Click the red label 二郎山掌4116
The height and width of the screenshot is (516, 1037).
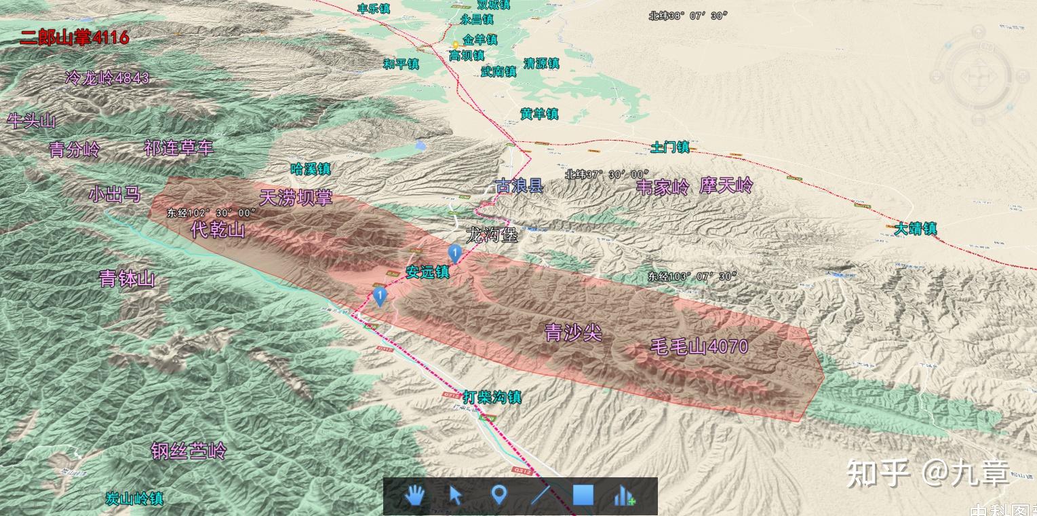74,37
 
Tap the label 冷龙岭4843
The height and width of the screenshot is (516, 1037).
107,78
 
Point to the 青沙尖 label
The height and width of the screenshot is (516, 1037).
573,332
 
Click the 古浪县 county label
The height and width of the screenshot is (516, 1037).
519,185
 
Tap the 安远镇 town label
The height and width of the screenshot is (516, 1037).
427,272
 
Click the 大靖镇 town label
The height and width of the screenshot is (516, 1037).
915,229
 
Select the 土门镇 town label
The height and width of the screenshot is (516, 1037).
669,147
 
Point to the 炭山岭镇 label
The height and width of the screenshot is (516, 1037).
134,498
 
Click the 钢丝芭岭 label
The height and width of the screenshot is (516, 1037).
189,451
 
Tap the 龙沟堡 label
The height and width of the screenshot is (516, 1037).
492,236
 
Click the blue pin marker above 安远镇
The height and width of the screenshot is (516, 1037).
455,254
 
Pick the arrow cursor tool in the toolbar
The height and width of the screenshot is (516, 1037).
456,496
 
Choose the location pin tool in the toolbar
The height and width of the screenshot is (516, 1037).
498,496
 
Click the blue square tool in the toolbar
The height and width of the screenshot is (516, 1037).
583,496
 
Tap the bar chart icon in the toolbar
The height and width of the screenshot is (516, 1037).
625,496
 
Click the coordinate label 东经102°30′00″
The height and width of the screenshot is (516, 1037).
211,213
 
